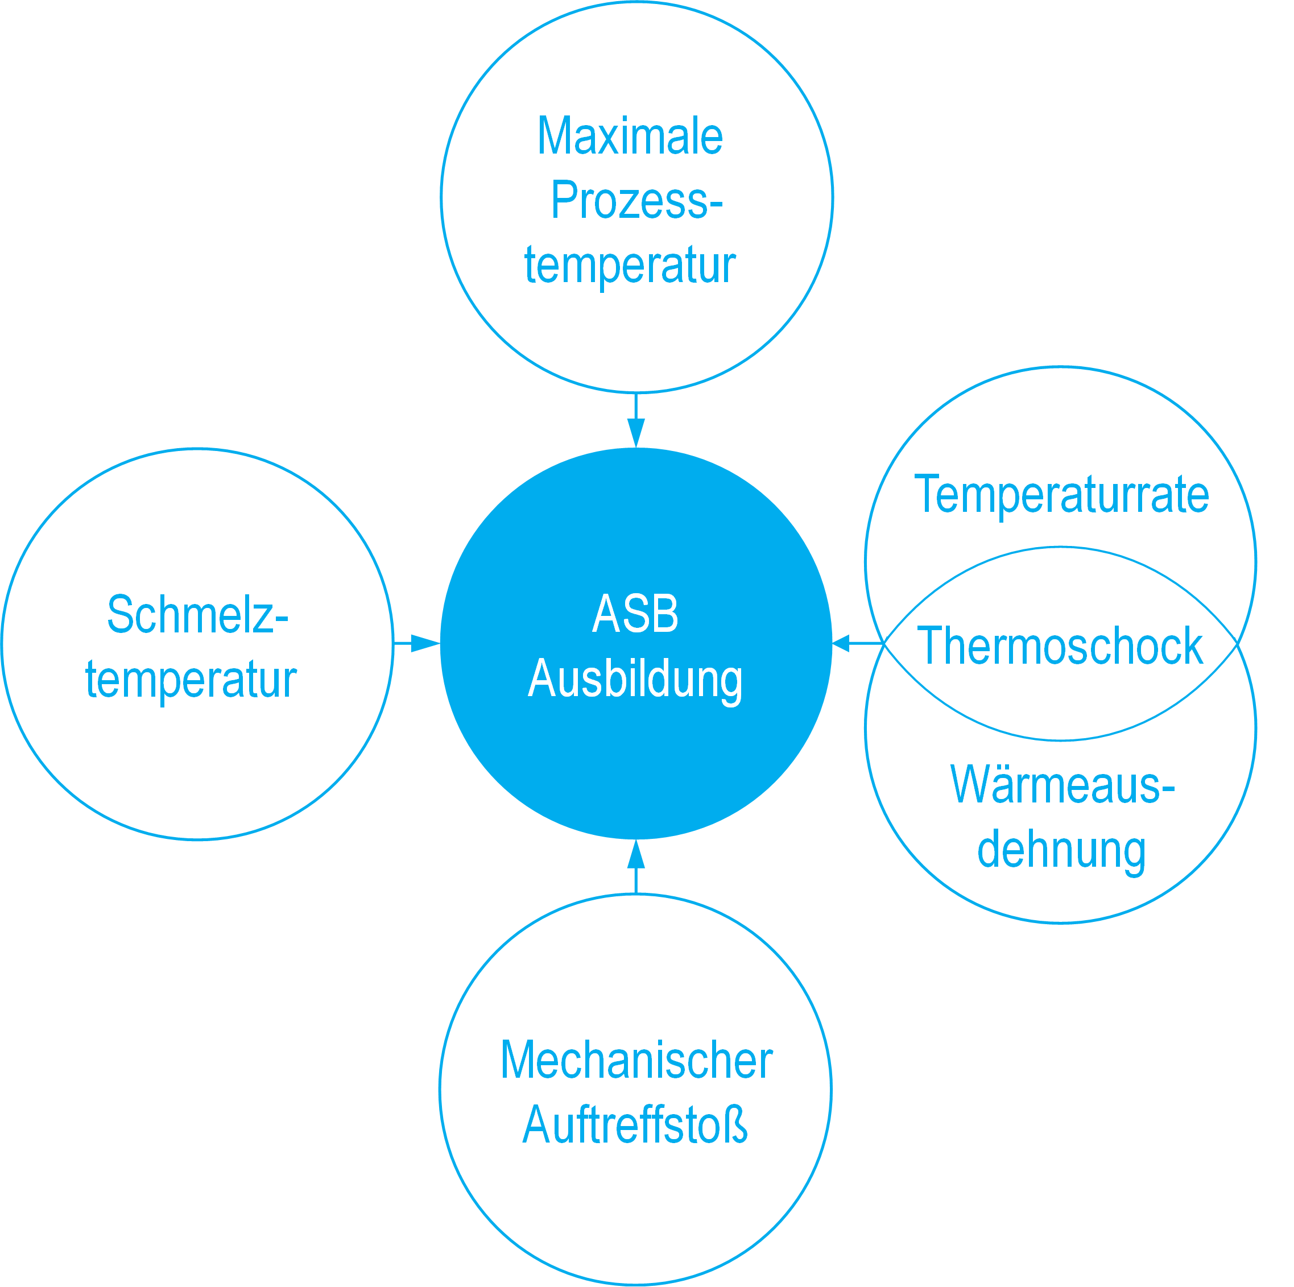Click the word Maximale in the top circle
[630, 136]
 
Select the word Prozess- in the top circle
[636, 200]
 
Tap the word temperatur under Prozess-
[630, 265]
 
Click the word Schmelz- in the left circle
[197, 615]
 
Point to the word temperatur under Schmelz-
[191, 680]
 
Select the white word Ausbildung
[635, 680]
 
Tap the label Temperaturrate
[1061, 495]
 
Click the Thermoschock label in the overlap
[1060, 645]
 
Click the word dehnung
[1061, 850]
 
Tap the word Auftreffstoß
[635, 1125]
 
